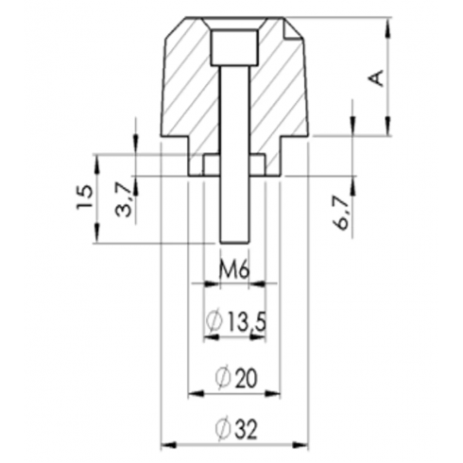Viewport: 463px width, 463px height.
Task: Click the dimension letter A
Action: [x=377, y=77]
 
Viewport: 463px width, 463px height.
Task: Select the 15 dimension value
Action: [x=85, y=197]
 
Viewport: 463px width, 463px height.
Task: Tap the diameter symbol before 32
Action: [x=222, y=429]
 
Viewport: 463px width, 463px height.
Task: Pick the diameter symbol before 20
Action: [x=222, y=378]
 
